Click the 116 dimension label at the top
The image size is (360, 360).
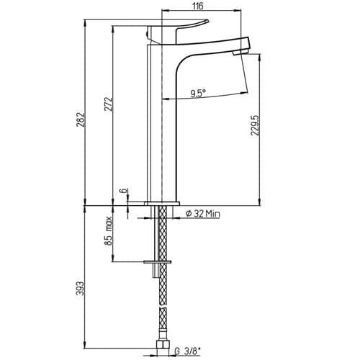(x=197, y=6)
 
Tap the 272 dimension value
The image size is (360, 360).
(x=108, y=104)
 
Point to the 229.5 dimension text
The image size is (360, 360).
(x=254, y=125)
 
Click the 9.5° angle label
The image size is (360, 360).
(x=198, y=93)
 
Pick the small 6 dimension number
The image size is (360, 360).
(x=124, y=191)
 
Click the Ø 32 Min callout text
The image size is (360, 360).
(x=203, y=213)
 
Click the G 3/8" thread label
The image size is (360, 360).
(x=188, y=351)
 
